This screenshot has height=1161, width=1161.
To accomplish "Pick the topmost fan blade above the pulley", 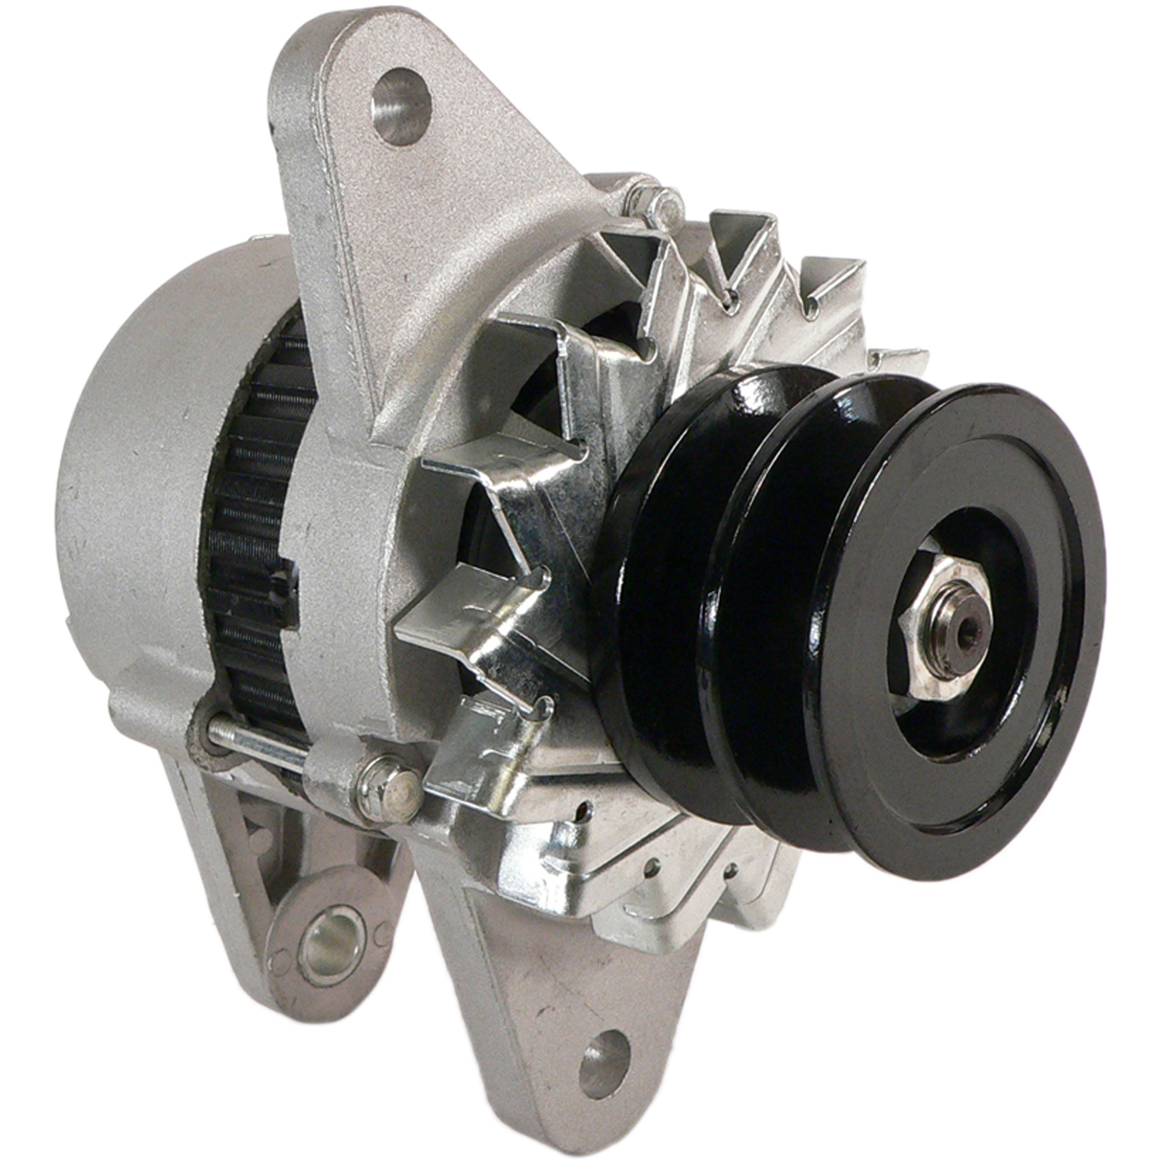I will (x=739, y=240).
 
